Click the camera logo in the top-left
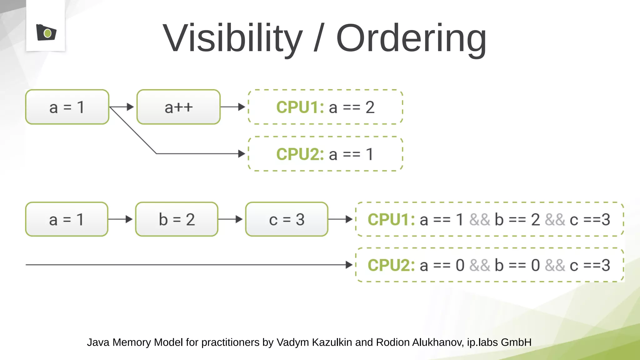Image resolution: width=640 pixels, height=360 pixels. coord(46,32)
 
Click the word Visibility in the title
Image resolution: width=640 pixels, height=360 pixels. coord(232,38)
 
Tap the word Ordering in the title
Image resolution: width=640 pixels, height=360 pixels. coord(411,38)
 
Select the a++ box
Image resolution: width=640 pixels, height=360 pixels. coord(178,107)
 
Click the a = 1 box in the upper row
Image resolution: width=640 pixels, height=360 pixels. coord(67,107)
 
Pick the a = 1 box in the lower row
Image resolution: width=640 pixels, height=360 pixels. coord(67,219)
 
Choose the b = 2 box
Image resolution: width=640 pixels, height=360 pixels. coord(177,219)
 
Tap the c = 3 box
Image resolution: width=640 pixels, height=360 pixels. coord(287,219)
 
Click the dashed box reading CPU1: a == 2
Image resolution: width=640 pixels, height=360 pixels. coord(325,107)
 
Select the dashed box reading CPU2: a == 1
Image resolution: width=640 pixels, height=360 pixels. coord(325,154)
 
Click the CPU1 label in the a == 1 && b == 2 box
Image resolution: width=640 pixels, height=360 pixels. coord(391,219)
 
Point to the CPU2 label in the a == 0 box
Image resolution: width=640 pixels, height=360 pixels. coord(391,265)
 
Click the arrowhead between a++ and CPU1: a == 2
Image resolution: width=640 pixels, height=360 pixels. coord(242,107)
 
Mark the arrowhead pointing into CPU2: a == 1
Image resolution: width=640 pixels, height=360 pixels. coord(242,154)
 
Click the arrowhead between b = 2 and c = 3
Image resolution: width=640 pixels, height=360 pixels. coord(239,219)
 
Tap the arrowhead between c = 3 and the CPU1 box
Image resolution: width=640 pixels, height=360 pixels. coord(349,219)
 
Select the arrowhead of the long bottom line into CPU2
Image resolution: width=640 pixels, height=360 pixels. coord(349,265)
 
